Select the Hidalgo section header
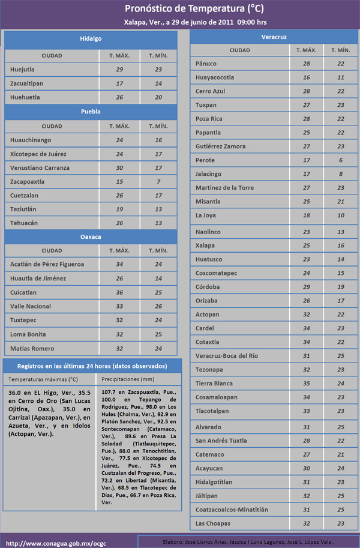pyautogui.click(x=91, y=39)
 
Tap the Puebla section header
pyautogui.click(x=91, y=112)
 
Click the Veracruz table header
pyautogui.click(x=274, y=37)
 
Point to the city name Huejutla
pyautogui.click(x=22, y=70)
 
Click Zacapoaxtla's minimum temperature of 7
pyautogui.click(x=158, y=182)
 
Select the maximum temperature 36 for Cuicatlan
pyautogui.click(x=119, y=293)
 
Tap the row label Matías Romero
pyautogui.click(x=32, y=349)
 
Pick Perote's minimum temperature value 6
pyautogui.click(x=341, y=160)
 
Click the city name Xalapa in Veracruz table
pyautogui.click(x=205, y=245)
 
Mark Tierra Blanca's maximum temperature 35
pyautogui.click(x=307, y=384)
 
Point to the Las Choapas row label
pyautogui.click(x=212, y=524)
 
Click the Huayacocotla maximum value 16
pyautogui.click(x=307, y=77)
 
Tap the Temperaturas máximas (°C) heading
pyautogui.click(x=43, y=379)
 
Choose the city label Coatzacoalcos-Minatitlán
pyautogui.click(x=232, y=510)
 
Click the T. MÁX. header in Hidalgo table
pyautogui.click(x=119, y=56)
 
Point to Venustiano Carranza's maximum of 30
pyautogui.click(x=119, y=167)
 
